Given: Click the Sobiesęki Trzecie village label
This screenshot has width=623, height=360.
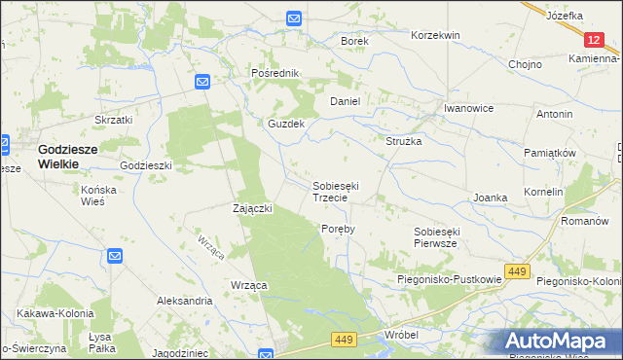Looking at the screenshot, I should [x=336, y=191].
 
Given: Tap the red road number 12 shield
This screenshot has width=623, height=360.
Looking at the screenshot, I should [x=595, y=40].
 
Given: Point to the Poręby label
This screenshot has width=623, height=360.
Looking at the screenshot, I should [x=338, y=229].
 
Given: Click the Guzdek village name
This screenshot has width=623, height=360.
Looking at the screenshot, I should [x=287, y=125].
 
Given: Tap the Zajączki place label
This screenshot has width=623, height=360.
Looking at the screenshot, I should [x=252, y=208].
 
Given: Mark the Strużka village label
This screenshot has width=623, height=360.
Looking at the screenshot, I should [x=404, y=141].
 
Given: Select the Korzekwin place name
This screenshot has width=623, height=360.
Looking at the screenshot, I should [x=435, y=35].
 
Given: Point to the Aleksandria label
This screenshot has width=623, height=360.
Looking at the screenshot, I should [x=184, y=302].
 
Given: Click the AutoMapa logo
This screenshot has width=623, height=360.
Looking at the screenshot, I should [x=562, y=341].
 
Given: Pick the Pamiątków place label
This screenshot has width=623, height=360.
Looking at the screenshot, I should [x=551, y=154].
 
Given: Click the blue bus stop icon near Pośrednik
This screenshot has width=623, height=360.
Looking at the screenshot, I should [x=202, y=83].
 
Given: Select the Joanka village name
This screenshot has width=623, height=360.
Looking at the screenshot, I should [x=491, y=198].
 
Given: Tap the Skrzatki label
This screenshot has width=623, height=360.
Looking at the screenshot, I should [x=113, y=120].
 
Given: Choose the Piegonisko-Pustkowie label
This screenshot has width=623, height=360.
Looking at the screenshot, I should [x=449, y=279].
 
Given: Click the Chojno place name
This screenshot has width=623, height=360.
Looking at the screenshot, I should [x=525, y=64].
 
